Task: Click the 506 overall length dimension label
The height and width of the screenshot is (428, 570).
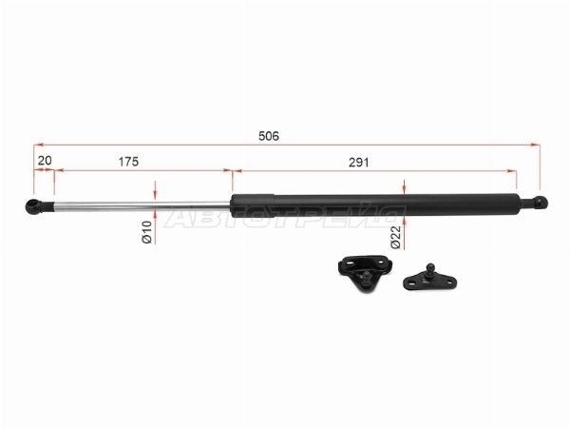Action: (269, 136)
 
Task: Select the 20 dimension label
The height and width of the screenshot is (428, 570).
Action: (45, 161)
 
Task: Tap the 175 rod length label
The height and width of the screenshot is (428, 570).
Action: (128, 162)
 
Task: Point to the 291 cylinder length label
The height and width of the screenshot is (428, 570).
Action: (359, 163)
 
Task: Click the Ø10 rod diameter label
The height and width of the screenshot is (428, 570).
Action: (147, 232)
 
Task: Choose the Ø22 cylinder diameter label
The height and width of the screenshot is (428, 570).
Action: (396, 237)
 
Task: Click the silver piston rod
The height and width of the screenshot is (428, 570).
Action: (142, 205)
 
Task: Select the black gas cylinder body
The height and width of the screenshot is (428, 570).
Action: (375, 204)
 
